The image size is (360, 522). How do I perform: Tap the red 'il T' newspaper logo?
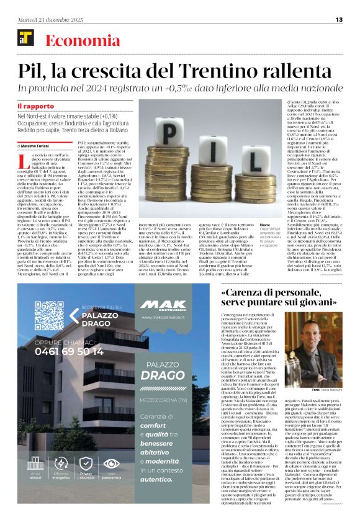pos(24,40)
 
